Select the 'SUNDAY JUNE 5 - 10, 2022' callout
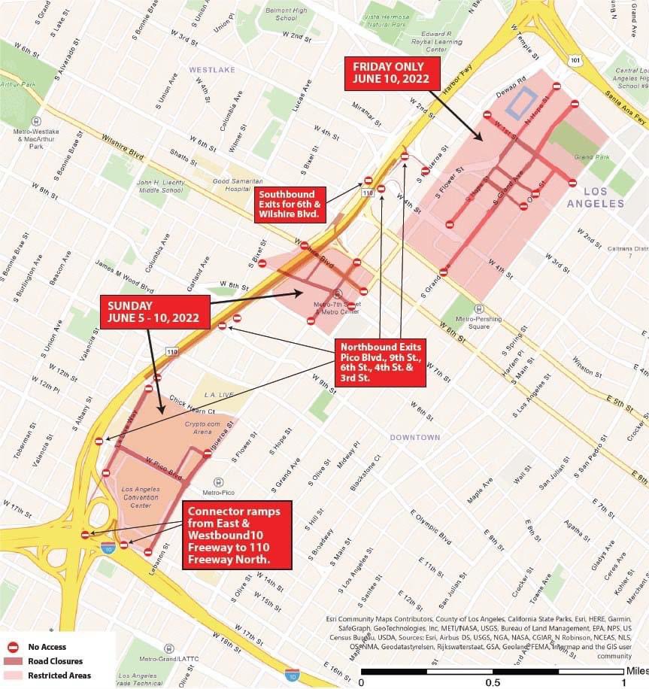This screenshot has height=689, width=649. (x=154, y=312)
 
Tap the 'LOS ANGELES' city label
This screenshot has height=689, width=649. (x=596, y=197)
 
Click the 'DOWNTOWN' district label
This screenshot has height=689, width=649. (x=414, y=437)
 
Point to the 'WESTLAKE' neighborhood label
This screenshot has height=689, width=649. (x=211, y=70)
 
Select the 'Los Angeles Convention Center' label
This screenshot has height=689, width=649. (x=136, y=496)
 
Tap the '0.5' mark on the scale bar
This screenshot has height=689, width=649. (x=493, y=681)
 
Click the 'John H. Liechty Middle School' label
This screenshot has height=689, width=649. (x=159, y=186)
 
